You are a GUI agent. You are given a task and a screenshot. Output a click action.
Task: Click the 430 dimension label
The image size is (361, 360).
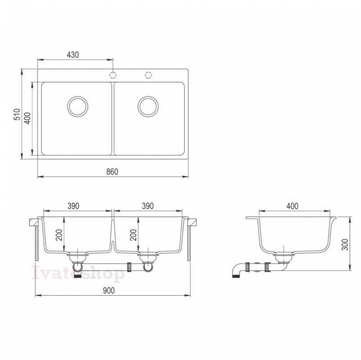[73, 55]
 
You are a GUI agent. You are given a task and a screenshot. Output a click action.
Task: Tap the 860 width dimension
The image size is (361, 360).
[112, 172]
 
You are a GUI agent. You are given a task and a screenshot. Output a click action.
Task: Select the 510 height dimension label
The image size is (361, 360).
[17, 114]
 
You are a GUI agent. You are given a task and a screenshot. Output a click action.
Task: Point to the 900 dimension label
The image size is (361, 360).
[109, 291]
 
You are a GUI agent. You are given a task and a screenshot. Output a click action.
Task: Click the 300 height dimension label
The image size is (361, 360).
[345, 245]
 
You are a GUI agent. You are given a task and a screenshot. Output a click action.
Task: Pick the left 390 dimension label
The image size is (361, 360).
[73, 206]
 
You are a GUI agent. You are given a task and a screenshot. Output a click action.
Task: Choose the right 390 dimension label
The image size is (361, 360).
[147, 206]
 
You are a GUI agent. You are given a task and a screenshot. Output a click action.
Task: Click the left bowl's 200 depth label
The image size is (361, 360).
[59, 235]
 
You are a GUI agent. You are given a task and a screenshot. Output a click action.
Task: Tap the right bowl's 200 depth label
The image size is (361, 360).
[134, 235]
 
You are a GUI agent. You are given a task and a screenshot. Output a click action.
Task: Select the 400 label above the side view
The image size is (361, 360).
[292, 206]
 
